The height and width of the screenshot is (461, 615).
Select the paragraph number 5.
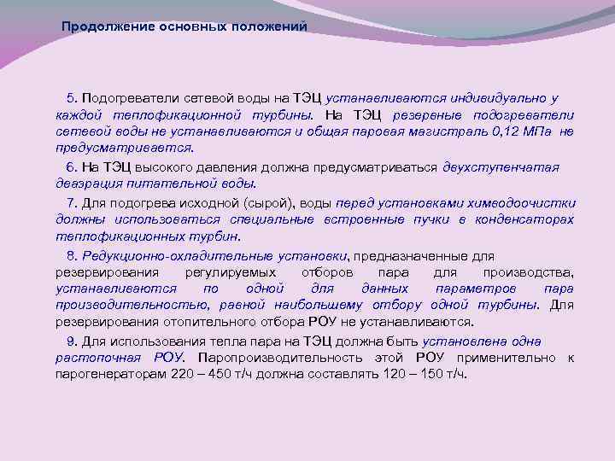(x=70, y=98)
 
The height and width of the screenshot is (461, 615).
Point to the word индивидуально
(x=496, y=98)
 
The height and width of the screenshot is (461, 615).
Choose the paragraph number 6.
(x=70, y=167)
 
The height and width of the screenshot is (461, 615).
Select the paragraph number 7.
(x=70, y=204)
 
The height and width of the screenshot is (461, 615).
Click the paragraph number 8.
(x=70, y=256)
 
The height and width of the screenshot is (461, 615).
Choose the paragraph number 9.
(x=70, y=341)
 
